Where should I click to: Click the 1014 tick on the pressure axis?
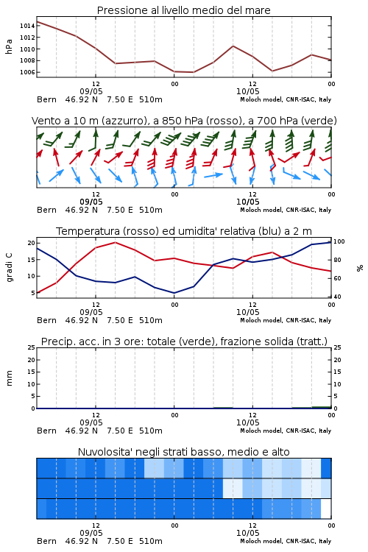pyautogui.click(x=27, y=26)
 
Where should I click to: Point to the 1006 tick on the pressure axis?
pyautogui.click(x=27, y=72)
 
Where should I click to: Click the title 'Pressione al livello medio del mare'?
pyautogui.click(x=184, y=10)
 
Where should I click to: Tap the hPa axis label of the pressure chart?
pyautogui.click(x=9, y=46)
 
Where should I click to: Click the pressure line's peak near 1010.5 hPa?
pyautogui.click(x=233, y=46)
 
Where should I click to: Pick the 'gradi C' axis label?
pyautogui.click(x=9, y=268)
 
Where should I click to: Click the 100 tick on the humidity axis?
pyautogui.click(x=339, y=241)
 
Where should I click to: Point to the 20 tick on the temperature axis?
pyautogui.click(x=32, y=243)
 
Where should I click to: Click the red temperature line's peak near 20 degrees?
pyautogui.click(x=115, y=242)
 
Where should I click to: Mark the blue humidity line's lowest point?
pyautogui.click(x=174, y=293)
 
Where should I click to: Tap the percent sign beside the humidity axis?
pyautogui.click(x=360, y=268)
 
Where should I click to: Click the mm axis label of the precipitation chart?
pyautogui.click(x=9, y=378)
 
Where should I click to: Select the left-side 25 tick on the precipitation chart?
pyautogui.click(x=32, y=347)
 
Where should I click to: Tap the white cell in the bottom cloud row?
pyautogui.click(x=326, y=509)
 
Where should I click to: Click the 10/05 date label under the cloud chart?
pyautogui.click(x=247, y=533)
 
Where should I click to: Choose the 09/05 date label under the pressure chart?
pyautogui.click(x=91, y=91)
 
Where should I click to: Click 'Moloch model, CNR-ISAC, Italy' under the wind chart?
pyautogui.click(x=286, y=210)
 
